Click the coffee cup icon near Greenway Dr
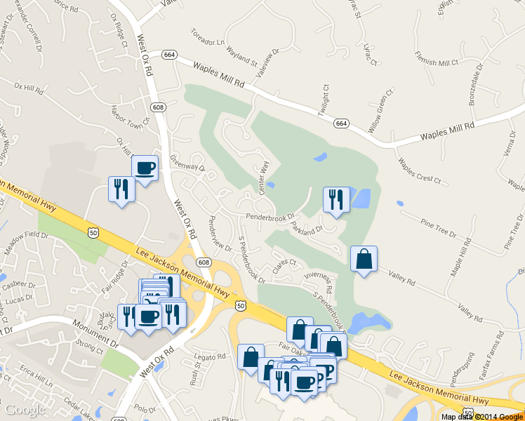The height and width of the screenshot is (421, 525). [145, 168]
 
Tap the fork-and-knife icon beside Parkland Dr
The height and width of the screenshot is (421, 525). [336, 200]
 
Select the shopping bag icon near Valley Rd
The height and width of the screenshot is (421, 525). [364, 259]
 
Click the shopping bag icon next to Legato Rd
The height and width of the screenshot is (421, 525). [251, 357]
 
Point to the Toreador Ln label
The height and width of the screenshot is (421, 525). [208, 36]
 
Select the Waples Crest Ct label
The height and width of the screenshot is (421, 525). [419, 171]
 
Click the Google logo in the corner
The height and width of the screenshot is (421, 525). [25, 409]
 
